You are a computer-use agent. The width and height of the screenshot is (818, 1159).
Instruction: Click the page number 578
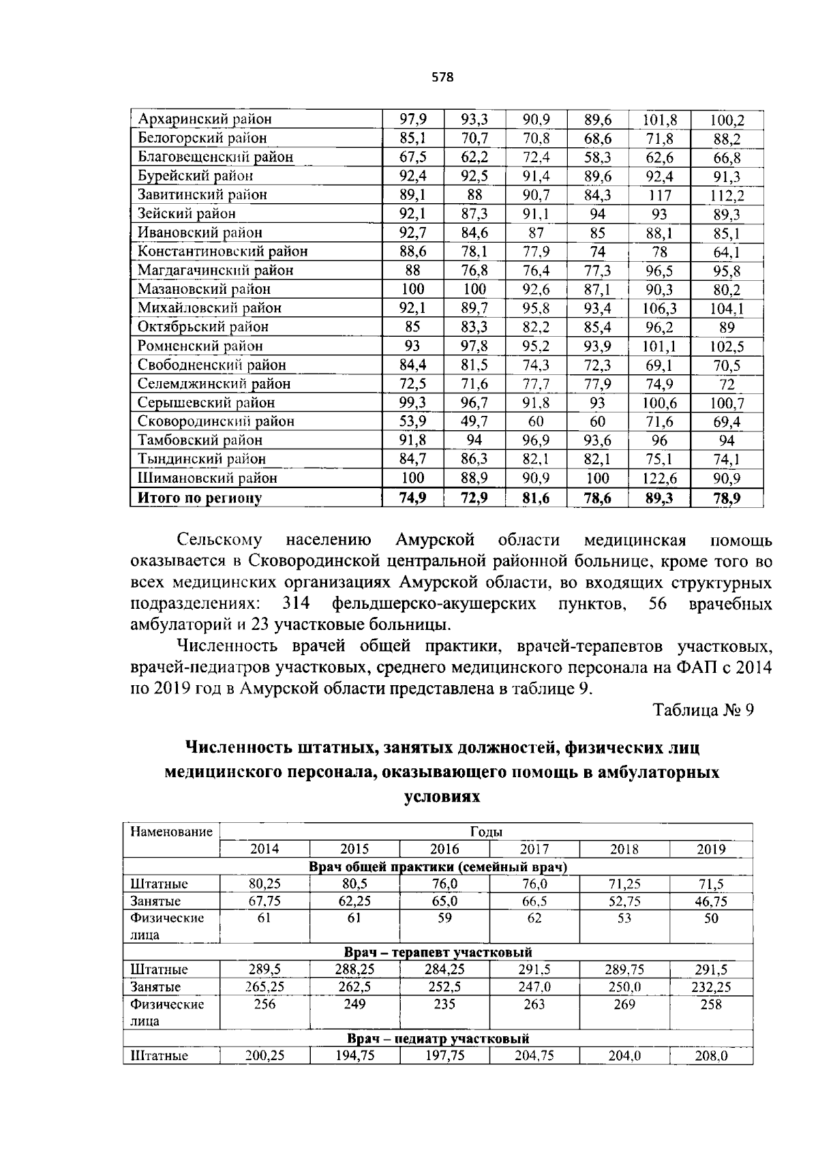tap(442, 77)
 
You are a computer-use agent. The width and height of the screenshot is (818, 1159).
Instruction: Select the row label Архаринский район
tap(204, 119)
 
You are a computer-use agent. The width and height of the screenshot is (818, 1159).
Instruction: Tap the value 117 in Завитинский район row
tap(659, 195)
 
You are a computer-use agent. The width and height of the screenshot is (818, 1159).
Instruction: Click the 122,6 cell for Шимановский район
tap(659, 479)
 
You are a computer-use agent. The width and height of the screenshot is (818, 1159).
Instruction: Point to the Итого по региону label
tap(200, 498)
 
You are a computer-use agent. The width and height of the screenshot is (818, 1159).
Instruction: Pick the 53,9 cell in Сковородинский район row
tap(412, 422)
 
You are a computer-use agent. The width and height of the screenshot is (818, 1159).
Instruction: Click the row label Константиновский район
tap(222, 252)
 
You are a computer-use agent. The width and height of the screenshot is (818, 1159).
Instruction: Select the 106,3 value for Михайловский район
tap(659, 308)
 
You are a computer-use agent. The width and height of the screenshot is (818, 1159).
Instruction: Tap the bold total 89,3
tap(659, 498)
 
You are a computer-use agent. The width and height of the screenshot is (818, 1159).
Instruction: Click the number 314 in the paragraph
tap(295, 604)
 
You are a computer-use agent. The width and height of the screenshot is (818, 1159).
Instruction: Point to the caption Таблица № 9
tap(703, 710)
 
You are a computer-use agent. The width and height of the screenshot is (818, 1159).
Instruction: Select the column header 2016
tap(444, 849)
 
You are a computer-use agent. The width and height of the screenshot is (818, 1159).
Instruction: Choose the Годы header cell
tap(486, 832)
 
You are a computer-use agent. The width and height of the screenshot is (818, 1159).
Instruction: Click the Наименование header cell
tap(172, 832)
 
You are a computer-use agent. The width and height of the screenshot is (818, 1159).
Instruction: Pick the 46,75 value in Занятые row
tap(710, 901)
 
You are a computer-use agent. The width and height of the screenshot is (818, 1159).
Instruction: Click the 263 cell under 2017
tap(534, 1004)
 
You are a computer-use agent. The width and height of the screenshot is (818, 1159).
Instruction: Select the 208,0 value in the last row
tap(710, 1057)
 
